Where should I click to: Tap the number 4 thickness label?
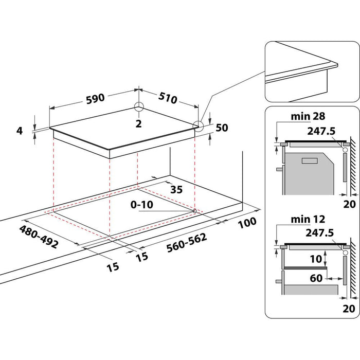click(x=20, y=131)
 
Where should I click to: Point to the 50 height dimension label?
click(x=222, y=128)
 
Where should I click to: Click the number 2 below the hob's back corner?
click(x=139, y=123)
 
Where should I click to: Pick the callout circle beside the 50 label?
click(x=198, y=125)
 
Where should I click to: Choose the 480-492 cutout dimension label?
click(x=39, y=237)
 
